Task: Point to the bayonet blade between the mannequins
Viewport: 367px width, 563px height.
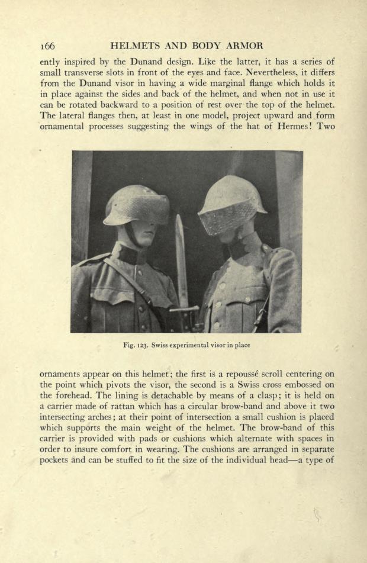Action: tap(181, 255)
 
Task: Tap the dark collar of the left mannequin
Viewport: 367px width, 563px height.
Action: tap(132, 255)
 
